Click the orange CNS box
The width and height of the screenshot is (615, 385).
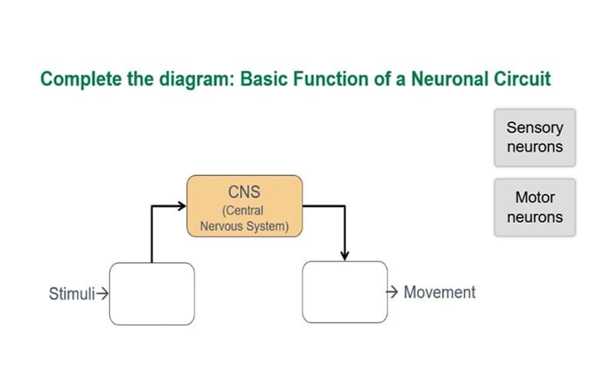point(244,206)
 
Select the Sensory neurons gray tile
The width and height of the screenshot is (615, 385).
point(534,137)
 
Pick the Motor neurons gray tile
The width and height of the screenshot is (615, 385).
point(534,208)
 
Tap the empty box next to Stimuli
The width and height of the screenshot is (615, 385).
point(151,293)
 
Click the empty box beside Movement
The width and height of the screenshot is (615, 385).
point(344,292)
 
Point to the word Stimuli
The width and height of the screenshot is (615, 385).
point(71,293)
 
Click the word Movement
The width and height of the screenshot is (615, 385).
point(440,293)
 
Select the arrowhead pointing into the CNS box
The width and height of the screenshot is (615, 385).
point(181,206)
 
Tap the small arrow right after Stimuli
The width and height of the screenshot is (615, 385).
point(101,293)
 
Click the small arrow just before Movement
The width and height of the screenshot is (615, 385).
point(391,293)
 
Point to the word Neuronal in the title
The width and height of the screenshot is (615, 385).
point(447,79)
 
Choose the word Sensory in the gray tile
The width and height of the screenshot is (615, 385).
point(534,128)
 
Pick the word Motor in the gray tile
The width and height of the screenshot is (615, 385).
point(534,198)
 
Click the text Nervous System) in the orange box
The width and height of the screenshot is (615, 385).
point(244,226)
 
